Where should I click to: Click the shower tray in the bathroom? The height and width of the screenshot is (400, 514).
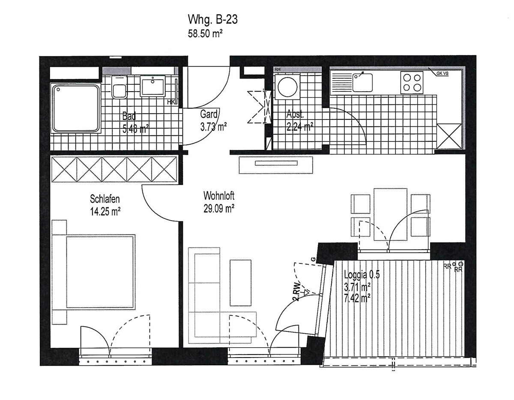pos(76,108)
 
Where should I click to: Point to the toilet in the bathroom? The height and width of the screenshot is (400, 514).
pos(119,88)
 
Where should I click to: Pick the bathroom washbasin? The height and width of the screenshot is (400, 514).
pos(153,85)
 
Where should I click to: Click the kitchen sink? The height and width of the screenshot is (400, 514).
pos(362,81)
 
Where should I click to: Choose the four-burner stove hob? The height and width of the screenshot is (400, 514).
pos(412,82)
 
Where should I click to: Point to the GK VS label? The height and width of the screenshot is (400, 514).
pos(442,73)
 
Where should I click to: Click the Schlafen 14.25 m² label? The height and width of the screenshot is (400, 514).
pos(105,204)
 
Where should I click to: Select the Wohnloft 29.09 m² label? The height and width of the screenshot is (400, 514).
pos(219,202)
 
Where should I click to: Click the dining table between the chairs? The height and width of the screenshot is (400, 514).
pos(390,213)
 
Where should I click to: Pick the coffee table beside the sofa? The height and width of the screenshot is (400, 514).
pos(240,282)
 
